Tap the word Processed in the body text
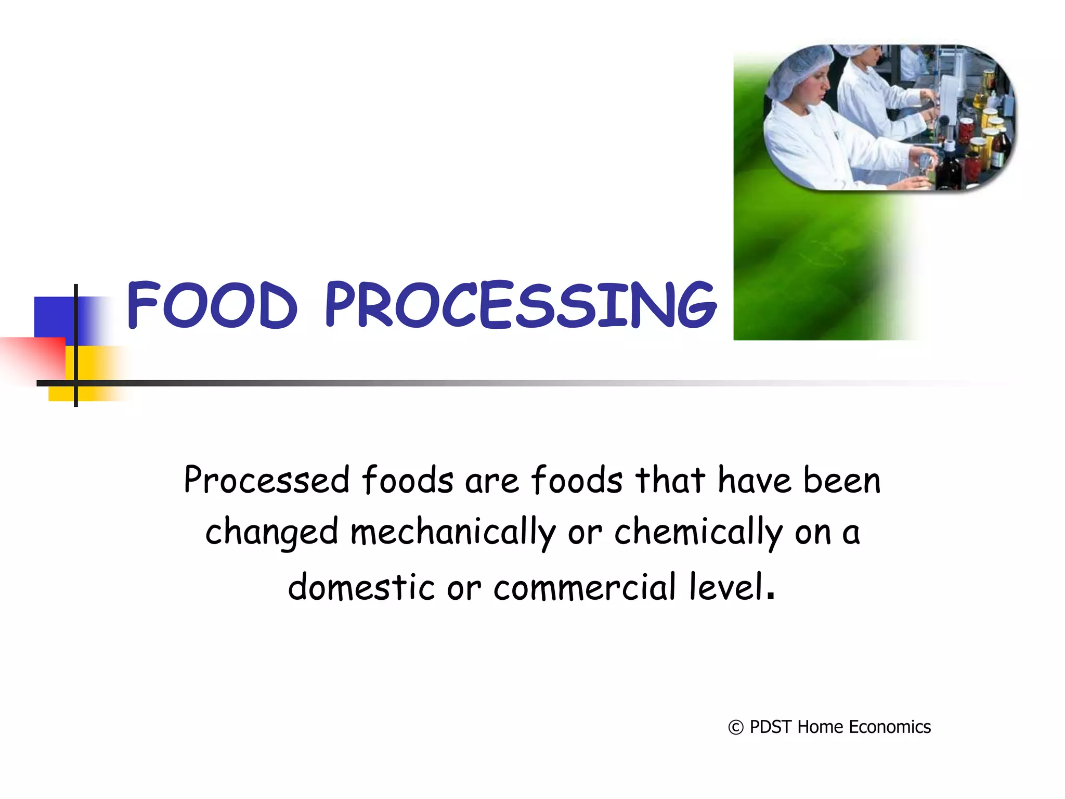(x=266, y=480)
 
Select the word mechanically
(x=452, y=533)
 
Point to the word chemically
(x=698, y=533)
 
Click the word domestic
(x=361, y=587)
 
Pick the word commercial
(x=585, y=587)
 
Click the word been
(x=842, y=480)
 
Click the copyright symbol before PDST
(x=735, y=727)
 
